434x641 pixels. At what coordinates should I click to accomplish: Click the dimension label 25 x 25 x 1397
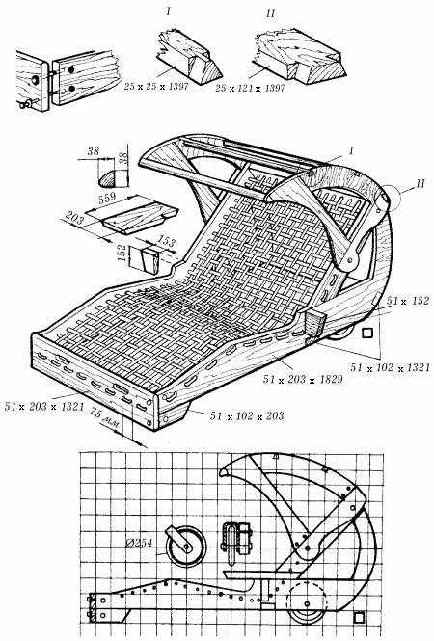click(156, 87)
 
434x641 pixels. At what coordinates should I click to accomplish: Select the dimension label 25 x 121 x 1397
click(250, 88)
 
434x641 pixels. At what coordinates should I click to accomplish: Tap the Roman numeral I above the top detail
click(168, 12)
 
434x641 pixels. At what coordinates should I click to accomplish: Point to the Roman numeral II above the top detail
click(270, 13)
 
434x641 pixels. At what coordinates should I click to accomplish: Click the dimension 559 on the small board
click(108, 199)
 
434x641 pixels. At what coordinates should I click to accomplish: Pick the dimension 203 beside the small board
click(74, 218)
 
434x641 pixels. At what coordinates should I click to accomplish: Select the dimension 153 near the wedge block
click(166, 241)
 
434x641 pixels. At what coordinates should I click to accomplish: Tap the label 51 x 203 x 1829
click(303, 380)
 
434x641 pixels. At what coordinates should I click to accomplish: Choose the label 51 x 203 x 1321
click(44, 407)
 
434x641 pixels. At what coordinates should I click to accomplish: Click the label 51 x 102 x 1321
click(390, 367)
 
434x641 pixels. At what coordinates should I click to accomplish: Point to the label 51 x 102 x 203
click(247, 415)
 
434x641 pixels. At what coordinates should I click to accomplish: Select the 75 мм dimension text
click(104, 418)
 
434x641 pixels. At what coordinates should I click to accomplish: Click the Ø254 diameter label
click(139, 543)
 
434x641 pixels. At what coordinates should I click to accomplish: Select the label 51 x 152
click(408, 301)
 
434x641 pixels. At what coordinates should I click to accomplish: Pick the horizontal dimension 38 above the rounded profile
click(93, 151)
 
